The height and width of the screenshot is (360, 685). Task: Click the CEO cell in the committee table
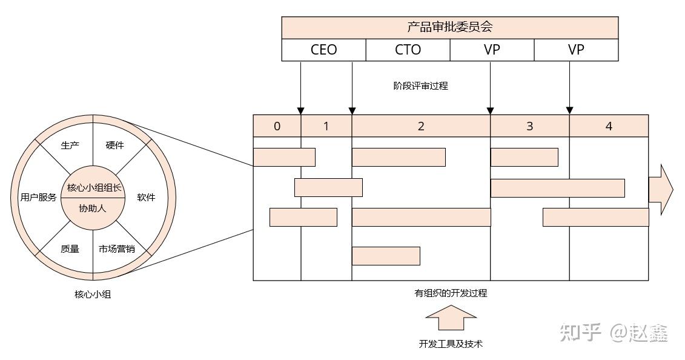click(323, 50)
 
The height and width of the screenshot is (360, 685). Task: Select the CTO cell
click(408, 50)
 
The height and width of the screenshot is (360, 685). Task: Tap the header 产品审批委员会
click(449, 27)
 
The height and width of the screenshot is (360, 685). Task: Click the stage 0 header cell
click(277, 126)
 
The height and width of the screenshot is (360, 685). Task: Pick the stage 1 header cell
click(326, 126)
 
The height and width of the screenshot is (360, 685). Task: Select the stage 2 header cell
click(420, 126)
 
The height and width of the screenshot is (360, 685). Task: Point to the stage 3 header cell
click(529, 126)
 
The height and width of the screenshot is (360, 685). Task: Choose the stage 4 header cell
click(609, 126)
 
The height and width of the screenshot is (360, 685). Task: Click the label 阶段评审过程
click(420, 86)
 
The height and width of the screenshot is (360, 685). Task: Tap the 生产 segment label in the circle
click(70, 145)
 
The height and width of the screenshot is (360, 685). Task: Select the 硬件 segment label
click(114, 145)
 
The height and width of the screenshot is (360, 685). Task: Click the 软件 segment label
click(146, 198)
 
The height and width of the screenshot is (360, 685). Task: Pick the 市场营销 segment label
click(116, 248)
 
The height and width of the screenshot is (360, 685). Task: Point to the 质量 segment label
click(70, 248)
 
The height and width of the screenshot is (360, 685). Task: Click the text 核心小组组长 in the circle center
click(93, 188)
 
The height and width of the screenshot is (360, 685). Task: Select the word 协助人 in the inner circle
click(93, 208)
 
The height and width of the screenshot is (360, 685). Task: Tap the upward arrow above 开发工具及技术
click(451, 318)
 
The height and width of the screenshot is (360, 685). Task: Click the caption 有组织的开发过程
click(451, 293)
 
